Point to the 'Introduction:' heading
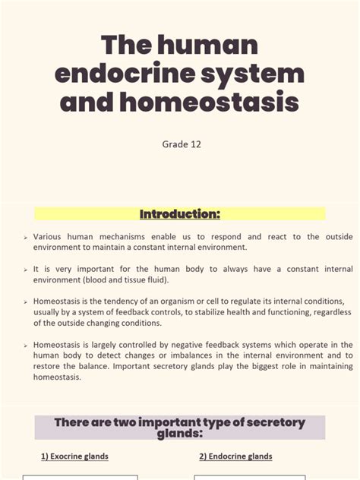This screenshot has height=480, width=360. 179,214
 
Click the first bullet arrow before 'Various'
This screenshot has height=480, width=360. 25,238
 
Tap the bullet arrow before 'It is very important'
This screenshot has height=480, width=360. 25,270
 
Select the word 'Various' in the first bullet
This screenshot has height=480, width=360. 47,237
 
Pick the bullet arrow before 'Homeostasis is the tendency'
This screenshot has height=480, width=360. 25,302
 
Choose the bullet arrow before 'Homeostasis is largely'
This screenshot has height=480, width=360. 25,345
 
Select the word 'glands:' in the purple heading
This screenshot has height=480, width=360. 180,434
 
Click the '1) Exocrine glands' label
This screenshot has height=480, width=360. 74,456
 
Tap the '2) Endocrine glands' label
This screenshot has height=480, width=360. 235,456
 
